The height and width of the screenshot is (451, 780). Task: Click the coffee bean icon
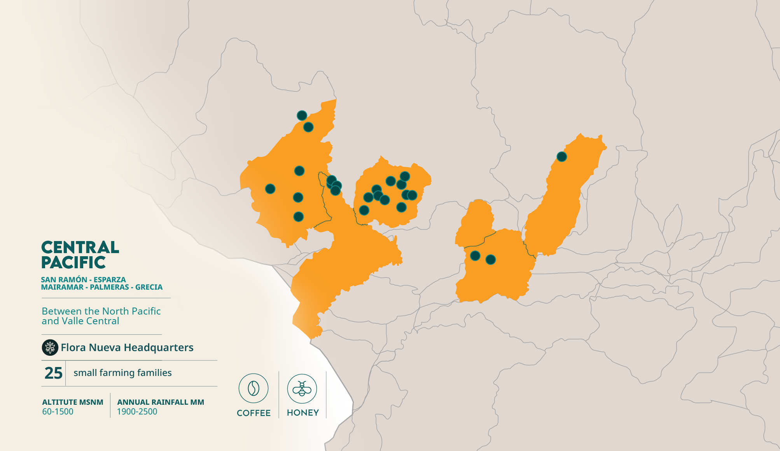254,388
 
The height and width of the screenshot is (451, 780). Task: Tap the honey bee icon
302,388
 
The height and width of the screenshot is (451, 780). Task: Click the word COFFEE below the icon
254,413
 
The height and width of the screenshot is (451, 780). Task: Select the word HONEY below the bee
303,413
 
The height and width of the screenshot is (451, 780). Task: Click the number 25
53,373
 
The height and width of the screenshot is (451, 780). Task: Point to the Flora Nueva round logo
50,348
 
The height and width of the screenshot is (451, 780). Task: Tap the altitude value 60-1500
58,411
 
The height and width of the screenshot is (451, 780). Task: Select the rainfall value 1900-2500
137,411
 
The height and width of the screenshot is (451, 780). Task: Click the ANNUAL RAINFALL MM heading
161,402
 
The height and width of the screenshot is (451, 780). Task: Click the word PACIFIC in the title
73,262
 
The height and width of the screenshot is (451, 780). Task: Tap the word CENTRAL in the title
80,247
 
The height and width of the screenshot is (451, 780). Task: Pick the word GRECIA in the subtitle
149,287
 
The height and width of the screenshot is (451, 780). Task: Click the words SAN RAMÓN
64,280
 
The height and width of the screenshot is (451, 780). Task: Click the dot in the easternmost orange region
561,157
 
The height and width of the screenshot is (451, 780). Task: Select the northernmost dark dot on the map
302,115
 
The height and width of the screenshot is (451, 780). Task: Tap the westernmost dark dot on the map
270,189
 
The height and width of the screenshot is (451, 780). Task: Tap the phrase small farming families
122,372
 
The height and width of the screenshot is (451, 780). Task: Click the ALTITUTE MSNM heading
73,402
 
